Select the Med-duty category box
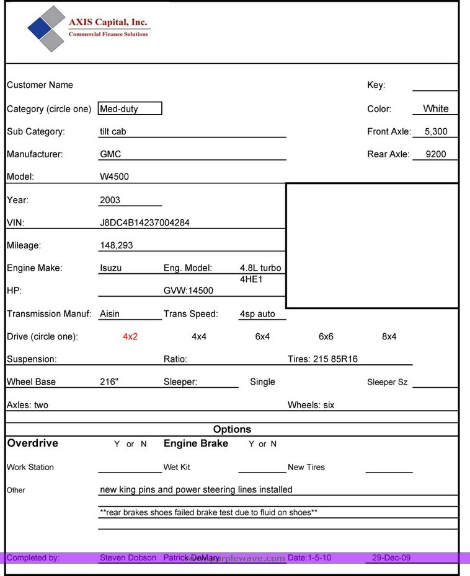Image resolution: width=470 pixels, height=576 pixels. point(130,109)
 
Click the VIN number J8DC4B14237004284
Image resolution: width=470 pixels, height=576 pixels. point(144,222)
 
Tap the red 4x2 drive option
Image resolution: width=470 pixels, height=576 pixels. point(130,337)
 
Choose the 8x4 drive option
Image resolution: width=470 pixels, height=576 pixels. point(389,337)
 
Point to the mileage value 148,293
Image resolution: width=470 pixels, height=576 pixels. point(116,245)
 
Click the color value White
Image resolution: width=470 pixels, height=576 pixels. point(435,108)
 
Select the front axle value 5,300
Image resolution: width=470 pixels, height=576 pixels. point(436,131)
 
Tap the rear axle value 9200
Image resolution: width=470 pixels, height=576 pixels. point(436,154)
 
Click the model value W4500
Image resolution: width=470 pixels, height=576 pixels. point(114,177)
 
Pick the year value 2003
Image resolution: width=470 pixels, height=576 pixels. point(110,200)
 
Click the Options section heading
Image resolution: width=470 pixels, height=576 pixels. point(232,429)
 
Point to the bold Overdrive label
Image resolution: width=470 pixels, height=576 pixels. point(32,443)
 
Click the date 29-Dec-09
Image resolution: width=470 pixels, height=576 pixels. point(391,558)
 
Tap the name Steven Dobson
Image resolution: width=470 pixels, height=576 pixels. point(128,558)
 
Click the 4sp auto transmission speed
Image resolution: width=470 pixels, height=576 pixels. point(257,314)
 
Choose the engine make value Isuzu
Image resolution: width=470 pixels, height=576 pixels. point(110,268)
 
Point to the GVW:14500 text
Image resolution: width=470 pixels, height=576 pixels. point(188,290)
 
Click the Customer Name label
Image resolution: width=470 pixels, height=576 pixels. point(40,85)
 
